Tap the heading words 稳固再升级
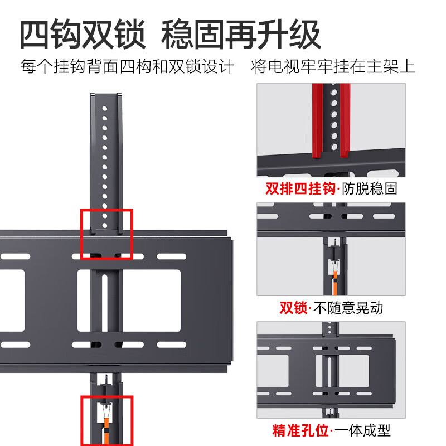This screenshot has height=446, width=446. pyautogui.click(x=241, y=35)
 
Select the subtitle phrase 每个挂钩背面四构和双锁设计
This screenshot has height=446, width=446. pyautogui.click(x=127, y=67)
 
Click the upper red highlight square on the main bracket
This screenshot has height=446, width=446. pyautogui.click(x=106, y=234)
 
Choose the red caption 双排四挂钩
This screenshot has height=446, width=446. pyautogui.click(x=300, y=188)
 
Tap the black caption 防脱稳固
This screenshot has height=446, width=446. pyautogui.click(x=370, y=188)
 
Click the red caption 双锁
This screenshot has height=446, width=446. pyautogui.click(x=293, y=308)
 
